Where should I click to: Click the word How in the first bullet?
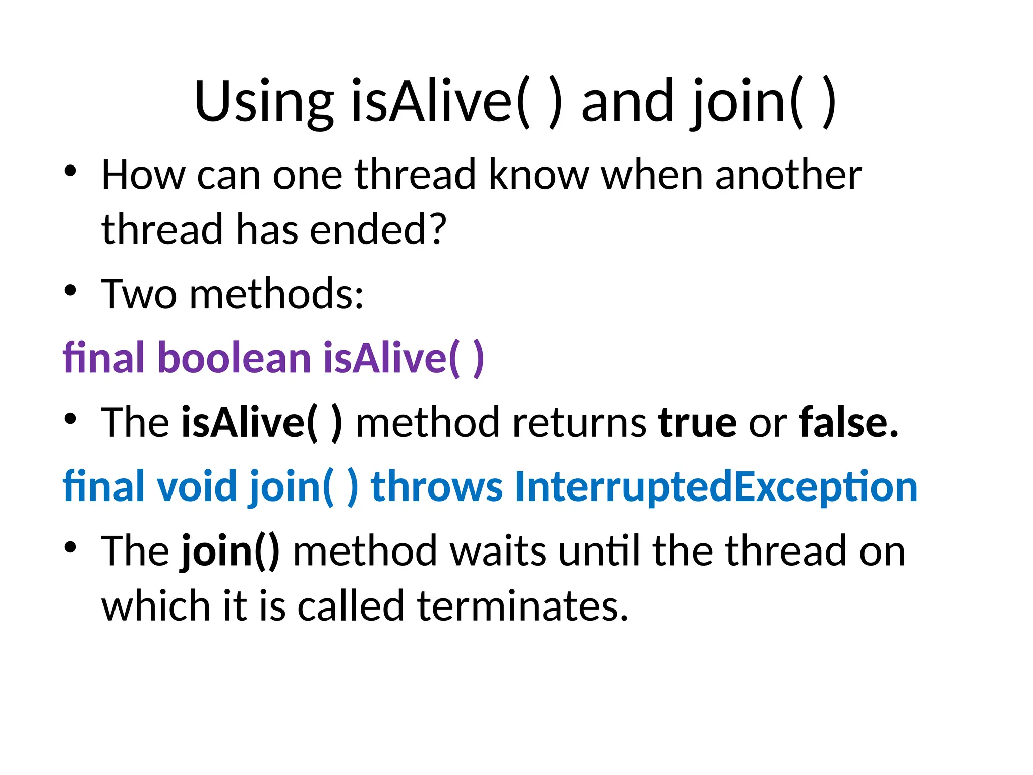(x=143, y=175)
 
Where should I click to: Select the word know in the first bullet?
(x=539, y=175)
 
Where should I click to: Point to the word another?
(x=788, y=175)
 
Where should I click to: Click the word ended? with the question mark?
(x=378, y=230)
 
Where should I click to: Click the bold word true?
(x=697, y=422)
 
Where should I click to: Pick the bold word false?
(x=848, y=422)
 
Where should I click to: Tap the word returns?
(x=579, y=422)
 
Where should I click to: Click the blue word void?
(x=197, y=486)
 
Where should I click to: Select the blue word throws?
(x=437, y=486)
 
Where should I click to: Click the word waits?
(x=498, y=551)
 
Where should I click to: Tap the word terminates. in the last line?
(x=523, y=606)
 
